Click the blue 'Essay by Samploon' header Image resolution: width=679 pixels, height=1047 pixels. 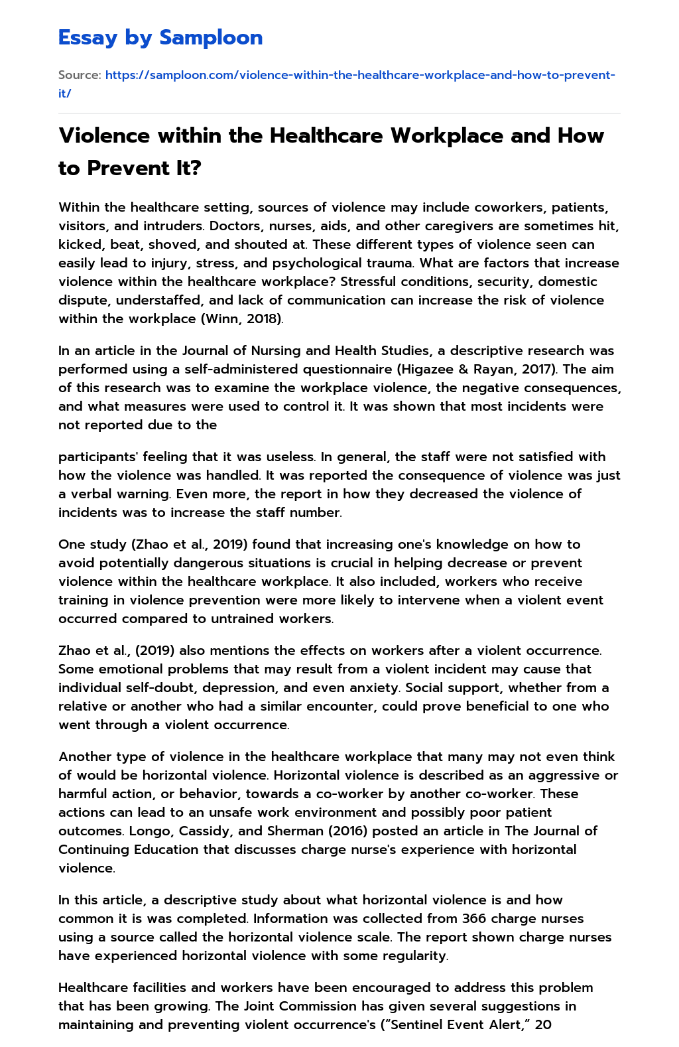point(160,38)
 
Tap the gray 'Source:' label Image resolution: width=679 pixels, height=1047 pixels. point(79,75)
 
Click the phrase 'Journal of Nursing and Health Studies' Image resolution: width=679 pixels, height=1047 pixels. point(303,350)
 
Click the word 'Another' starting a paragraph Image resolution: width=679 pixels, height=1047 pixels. point(84,756)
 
